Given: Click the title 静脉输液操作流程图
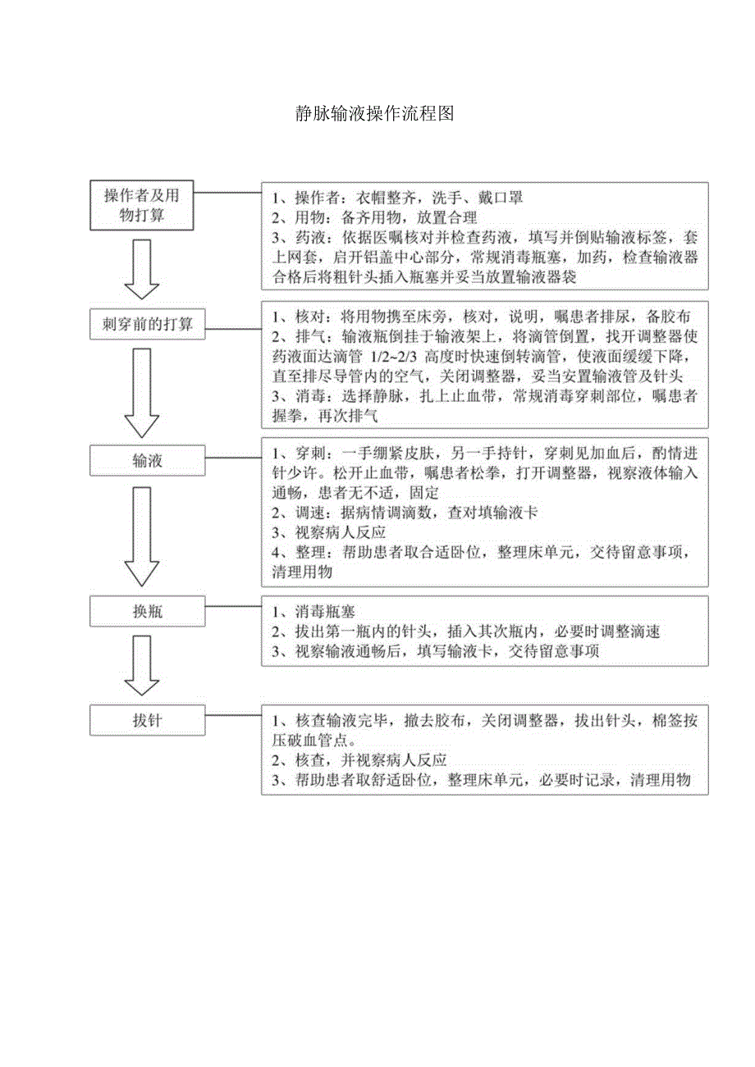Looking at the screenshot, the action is point(375,114).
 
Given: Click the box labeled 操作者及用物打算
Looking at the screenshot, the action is point(141,205).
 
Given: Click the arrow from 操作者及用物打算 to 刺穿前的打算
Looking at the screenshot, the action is point(141,270).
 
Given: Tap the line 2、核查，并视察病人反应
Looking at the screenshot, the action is point(359,760).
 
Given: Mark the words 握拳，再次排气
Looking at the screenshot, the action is point(325,417).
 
